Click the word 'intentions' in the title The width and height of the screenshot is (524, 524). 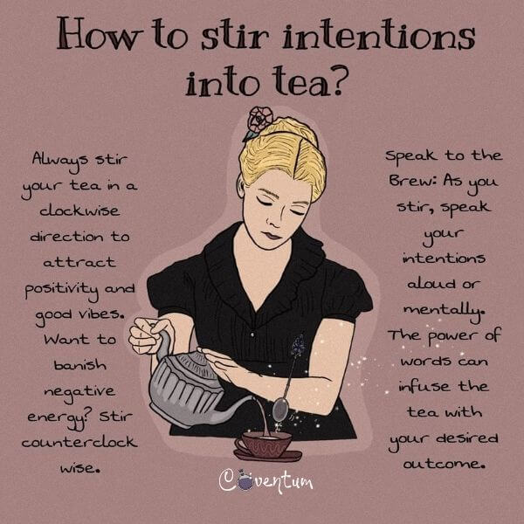[379, 33]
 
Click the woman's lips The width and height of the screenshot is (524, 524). [272, 236]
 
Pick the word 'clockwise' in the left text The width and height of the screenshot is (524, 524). [79, 210]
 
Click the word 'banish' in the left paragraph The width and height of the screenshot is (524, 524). [80, 364]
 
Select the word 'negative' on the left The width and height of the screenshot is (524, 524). [79, 391]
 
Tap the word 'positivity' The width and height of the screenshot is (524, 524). [62, 290]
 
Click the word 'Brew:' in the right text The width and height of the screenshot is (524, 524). [413, 181]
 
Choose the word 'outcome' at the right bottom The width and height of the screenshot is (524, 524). [443, 463]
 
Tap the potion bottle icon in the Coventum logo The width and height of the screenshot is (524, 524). [245, 481]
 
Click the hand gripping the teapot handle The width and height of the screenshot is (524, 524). [148, 335]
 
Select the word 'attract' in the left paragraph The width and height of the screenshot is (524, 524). [79, 263]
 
